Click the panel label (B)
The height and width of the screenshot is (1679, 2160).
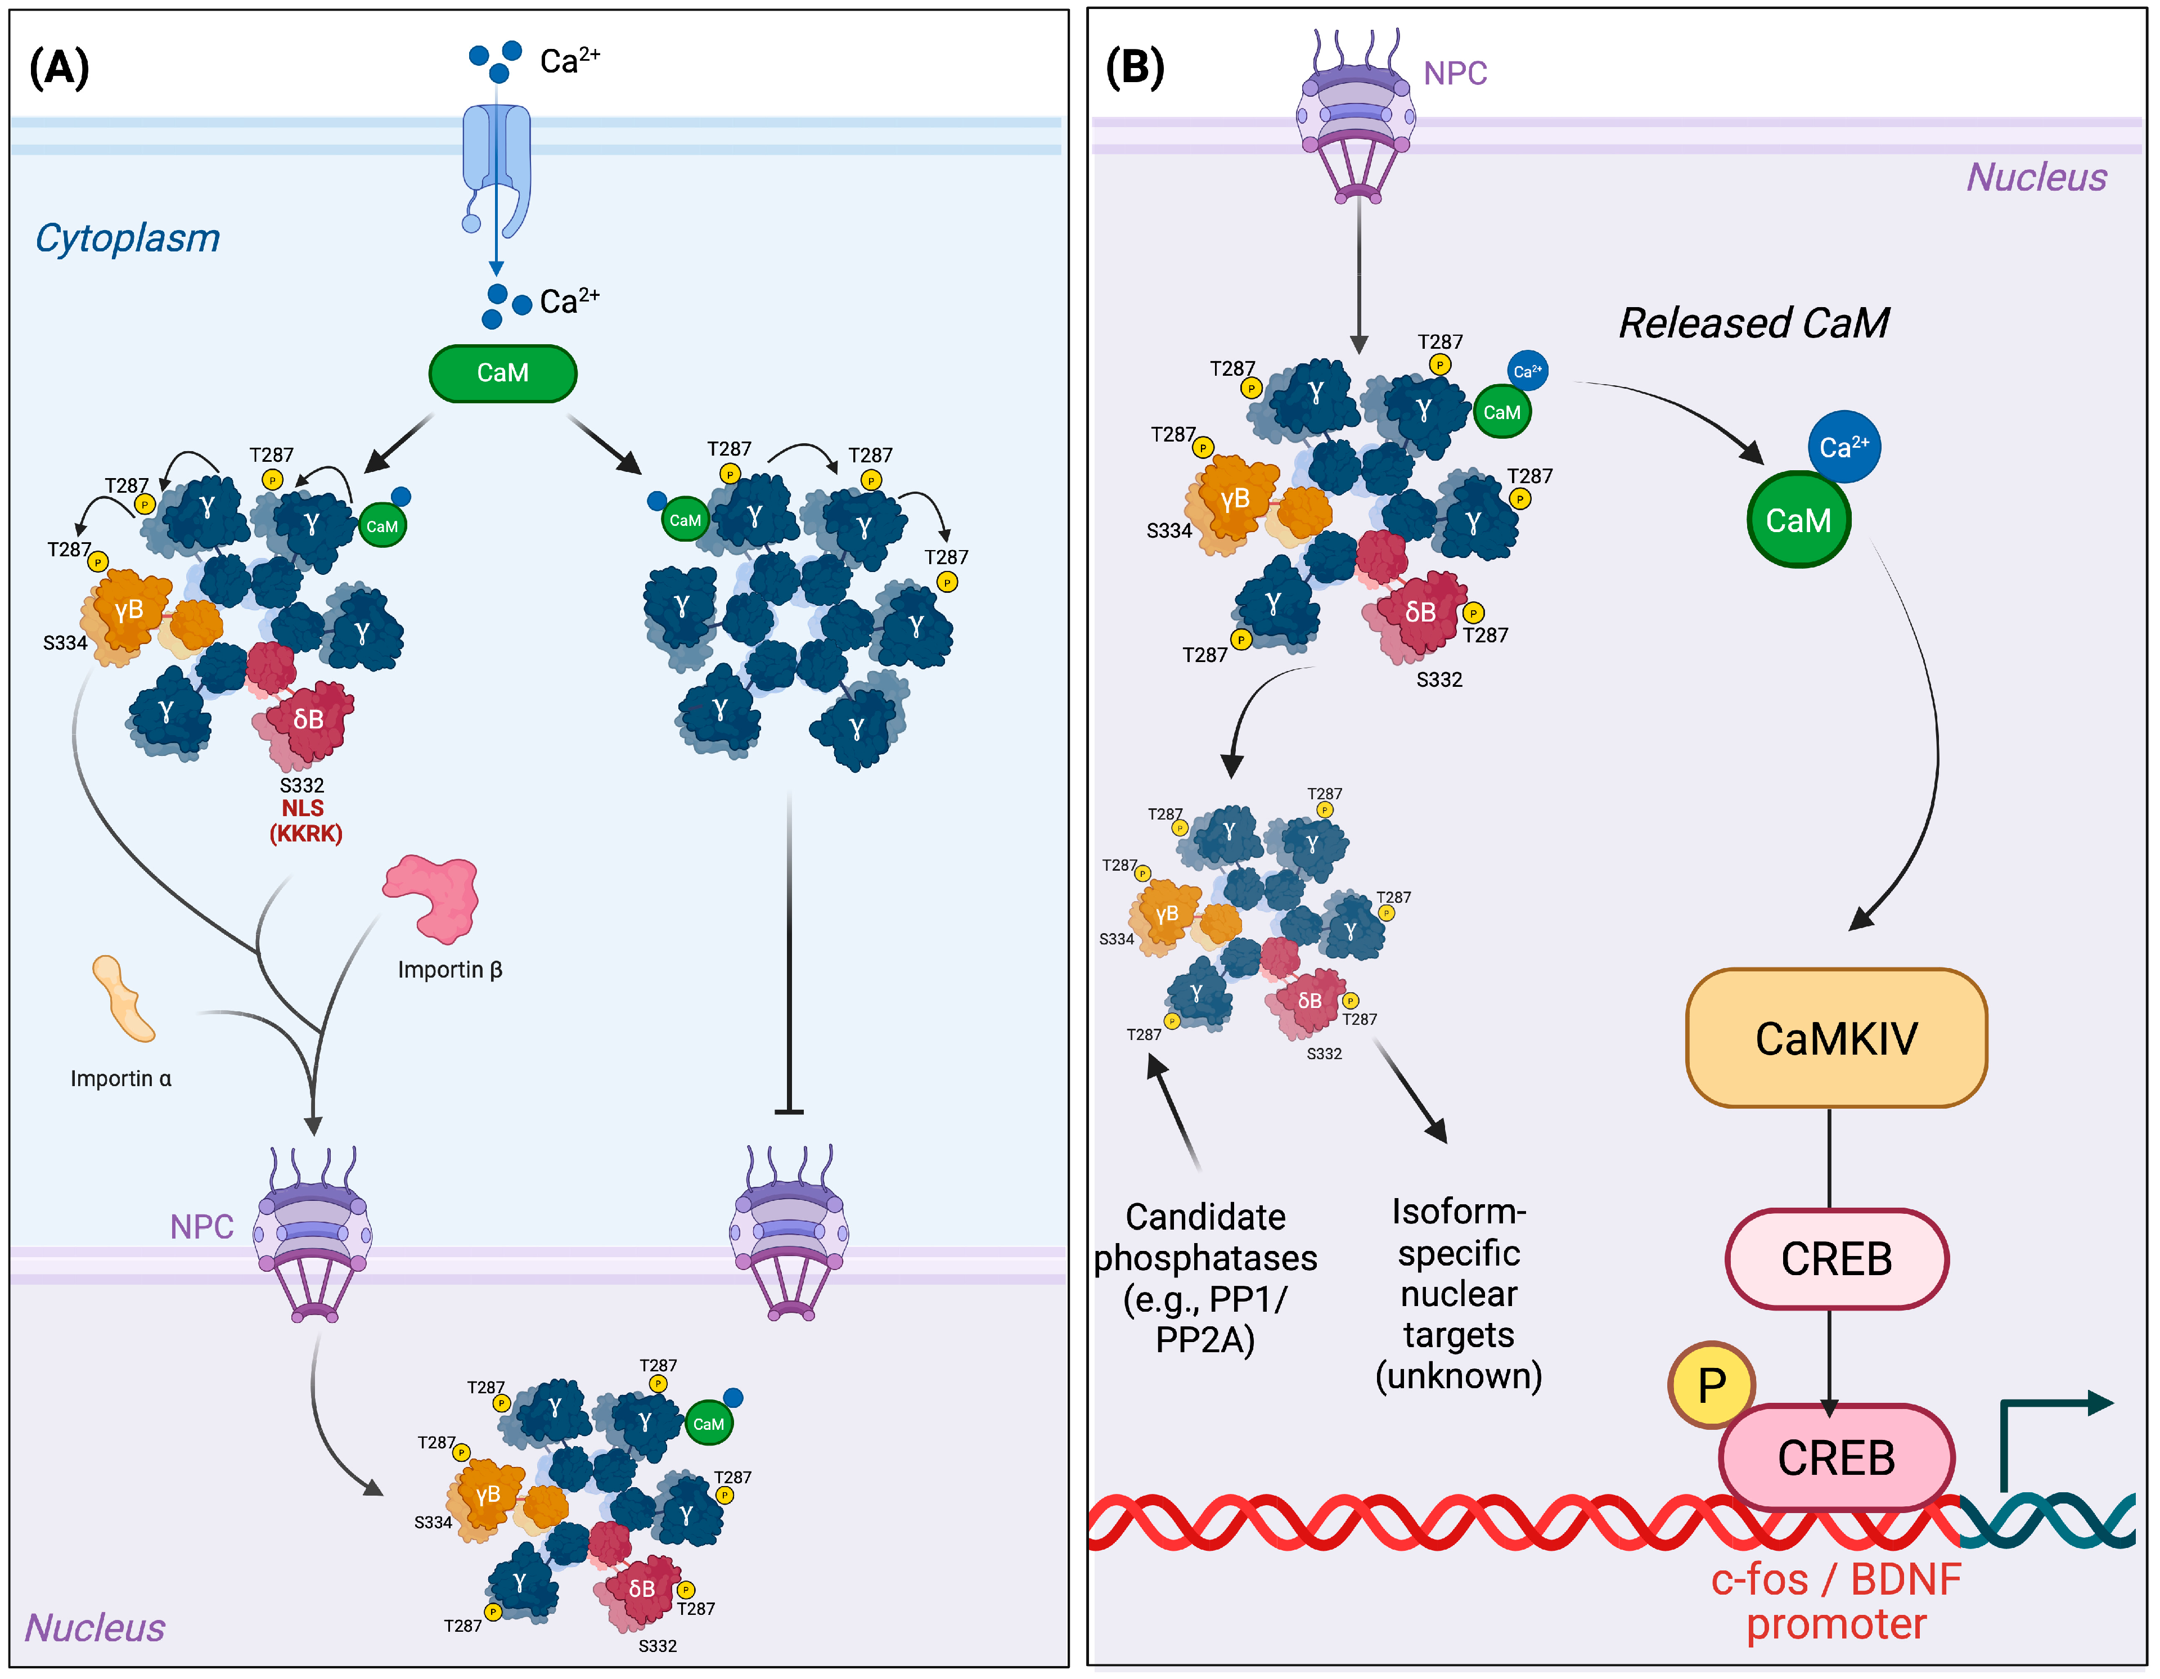point(1135,68)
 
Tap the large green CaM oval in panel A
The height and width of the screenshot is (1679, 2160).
point(502,373)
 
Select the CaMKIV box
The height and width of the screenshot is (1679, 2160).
point(1835,1038)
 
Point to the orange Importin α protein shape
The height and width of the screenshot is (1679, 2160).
point(123,999)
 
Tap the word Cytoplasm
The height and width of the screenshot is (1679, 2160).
point(128,238)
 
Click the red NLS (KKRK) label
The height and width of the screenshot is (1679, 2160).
point(305,821)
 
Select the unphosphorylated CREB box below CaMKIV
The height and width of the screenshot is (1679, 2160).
point(1835,1259)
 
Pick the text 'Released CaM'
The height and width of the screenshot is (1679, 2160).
point(1753,323)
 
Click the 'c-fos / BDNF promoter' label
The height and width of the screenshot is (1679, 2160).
point(1835,1602)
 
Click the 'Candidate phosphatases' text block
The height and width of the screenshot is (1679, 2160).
point(1205,1277)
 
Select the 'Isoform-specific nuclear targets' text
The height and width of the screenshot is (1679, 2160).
point(1459,1293)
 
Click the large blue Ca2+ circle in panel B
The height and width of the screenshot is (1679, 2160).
point(1843,447)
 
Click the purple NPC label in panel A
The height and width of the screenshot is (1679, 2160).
point(202,1227)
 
